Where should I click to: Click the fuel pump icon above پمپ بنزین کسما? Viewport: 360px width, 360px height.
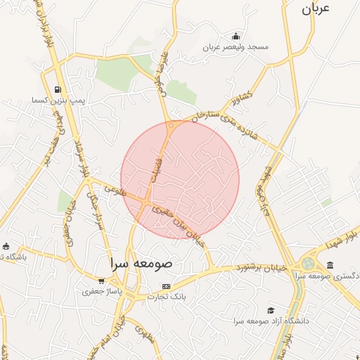tap(56, 90)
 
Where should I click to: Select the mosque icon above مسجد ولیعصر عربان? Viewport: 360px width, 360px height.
tap(236, 37)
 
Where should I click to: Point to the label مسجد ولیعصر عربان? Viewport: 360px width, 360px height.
tap(236, 47)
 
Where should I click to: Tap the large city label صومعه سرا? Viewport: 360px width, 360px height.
tap(141, 263)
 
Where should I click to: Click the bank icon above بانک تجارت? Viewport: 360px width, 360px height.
tap(166, 286)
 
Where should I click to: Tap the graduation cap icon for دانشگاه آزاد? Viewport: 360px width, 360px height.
tap(271, 310)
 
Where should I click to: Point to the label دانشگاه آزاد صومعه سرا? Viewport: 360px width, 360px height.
tap(274, 321)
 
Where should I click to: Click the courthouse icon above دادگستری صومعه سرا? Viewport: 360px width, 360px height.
tap(330, 264)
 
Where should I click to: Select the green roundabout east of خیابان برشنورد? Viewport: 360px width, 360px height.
tap(307, 264)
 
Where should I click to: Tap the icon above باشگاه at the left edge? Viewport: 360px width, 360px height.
tap(6, 246)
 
